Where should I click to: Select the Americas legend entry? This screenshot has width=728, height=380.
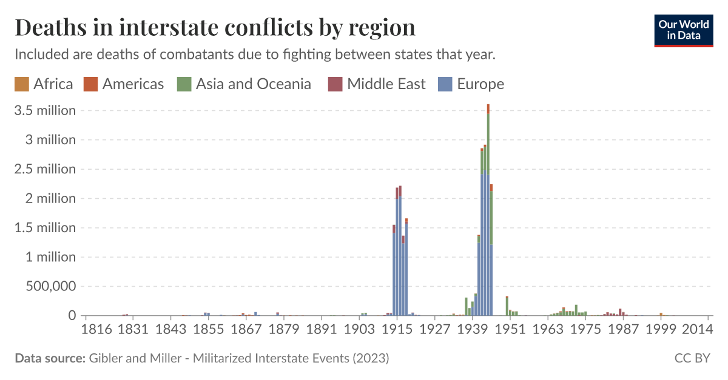[x=125, y=84]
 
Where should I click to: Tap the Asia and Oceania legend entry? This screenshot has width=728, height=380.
[x=245, y=84]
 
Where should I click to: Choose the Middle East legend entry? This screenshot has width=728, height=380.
[x=379, y=84]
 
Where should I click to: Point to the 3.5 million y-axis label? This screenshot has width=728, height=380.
[x=45, y=111]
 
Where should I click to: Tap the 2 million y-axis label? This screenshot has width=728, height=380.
[x=52, y=199]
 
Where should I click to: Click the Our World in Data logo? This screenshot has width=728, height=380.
[x=683, y=29]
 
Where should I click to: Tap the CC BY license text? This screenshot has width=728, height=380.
[x=692, y=358]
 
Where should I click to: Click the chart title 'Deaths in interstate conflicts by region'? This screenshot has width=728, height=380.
[x=215, y=28]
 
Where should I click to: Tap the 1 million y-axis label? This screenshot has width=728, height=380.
[x=52, y=258]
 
